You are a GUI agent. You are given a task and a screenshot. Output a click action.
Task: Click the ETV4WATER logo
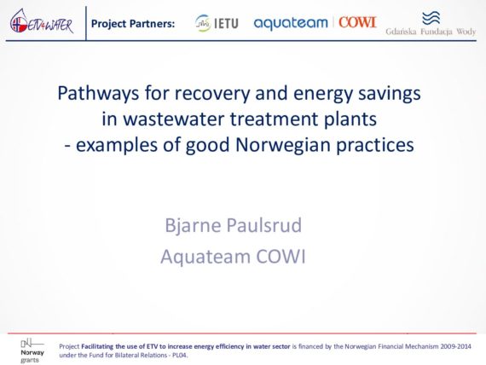pos(42,21)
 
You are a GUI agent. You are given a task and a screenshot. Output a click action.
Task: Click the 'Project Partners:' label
pos(133,24)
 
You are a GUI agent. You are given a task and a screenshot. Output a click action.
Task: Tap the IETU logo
pos(217,23)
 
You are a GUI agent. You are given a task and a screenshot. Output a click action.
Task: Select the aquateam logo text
pos(291,23)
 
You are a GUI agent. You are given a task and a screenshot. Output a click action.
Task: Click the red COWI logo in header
pos(357,22)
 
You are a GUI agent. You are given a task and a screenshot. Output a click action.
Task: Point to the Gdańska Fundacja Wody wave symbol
pos(431,18)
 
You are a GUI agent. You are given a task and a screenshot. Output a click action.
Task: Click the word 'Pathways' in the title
pos(98,94)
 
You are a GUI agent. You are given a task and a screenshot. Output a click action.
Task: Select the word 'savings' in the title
pos(390,94)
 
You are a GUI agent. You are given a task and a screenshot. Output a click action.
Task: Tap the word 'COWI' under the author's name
pos(281,257)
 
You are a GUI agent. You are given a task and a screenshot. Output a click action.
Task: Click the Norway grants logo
pos(32,351)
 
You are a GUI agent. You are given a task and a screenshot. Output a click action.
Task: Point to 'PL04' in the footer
pos(181,356)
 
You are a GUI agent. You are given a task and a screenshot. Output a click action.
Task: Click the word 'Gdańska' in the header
pos(401,32)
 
